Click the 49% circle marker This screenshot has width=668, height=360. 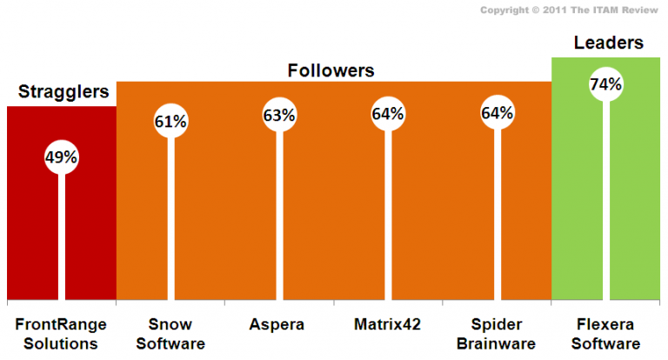62,157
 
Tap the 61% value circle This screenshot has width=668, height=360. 170,121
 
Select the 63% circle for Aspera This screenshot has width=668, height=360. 279,114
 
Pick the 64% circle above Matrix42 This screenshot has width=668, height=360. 388,113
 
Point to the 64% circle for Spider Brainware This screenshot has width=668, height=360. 497,113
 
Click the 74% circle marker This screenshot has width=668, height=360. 605,84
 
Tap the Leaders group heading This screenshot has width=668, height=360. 606,43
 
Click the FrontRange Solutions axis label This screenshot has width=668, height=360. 61,334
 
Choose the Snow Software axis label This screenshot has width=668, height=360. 170,334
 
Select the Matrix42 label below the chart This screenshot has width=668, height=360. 388,325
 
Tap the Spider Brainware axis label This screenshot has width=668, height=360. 497,334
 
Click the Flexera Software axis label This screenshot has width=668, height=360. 605,334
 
